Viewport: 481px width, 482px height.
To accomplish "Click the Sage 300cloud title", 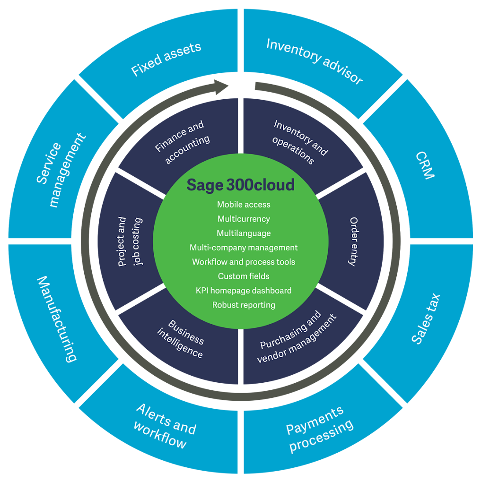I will coord(240,185).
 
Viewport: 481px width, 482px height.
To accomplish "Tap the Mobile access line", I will coord(244,205).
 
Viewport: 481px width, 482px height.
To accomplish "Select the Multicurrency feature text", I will coord(244,219).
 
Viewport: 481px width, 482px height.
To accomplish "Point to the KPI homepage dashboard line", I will coord(244,291).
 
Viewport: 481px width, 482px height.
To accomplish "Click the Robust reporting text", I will coord(244,305).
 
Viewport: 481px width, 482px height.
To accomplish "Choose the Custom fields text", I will coord(244,276).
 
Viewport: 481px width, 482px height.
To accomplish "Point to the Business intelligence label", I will coord(183,339).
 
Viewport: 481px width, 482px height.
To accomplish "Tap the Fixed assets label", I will coord(166,59).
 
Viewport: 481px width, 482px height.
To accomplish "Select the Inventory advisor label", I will coord(315,61).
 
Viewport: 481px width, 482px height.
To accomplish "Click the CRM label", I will coord(424,165).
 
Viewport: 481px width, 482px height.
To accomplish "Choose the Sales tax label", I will coord(425,318).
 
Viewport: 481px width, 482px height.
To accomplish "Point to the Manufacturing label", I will coord(57,318).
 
